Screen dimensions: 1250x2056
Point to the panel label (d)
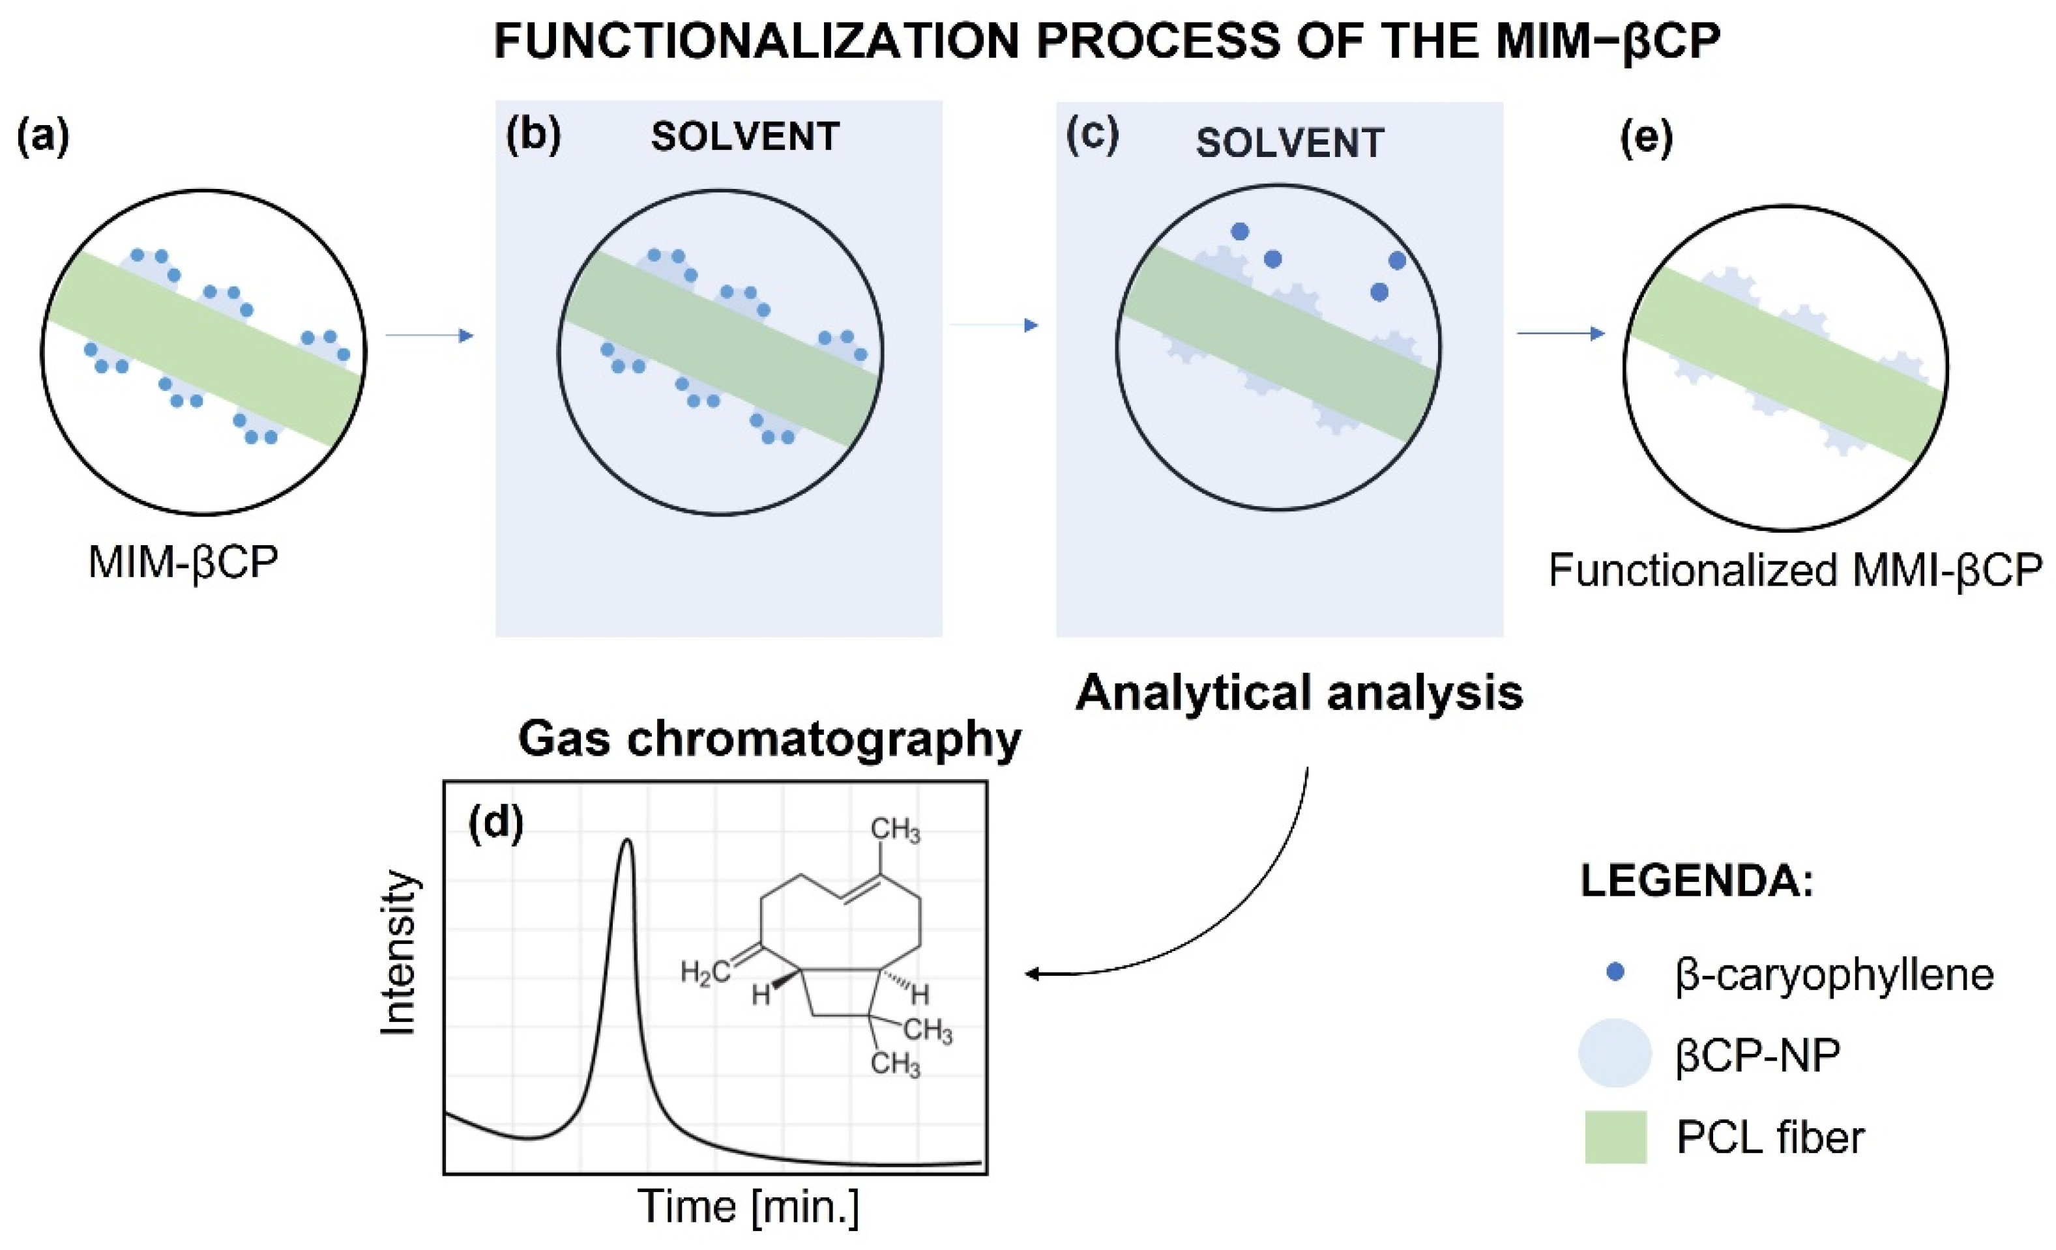(495, 824)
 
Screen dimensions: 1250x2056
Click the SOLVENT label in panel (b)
(745, 137)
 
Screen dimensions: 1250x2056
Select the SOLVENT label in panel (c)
(1290, 143)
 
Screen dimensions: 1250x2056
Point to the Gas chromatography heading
(769, 739)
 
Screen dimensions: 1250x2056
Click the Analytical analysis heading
(1299, 693)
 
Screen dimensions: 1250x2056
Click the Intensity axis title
(398, 953)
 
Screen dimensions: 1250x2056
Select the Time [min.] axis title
(748, 1206)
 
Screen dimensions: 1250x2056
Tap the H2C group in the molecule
(705, 973)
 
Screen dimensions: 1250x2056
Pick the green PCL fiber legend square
(1616, 1137)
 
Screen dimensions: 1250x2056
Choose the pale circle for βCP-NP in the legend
(1615, 1053)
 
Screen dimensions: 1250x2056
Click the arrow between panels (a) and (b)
(429, 336)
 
